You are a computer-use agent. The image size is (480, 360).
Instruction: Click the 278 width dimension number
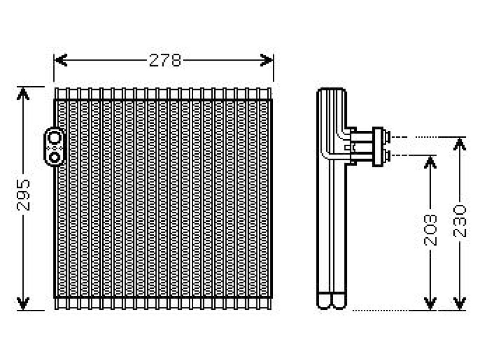tap(165, 60)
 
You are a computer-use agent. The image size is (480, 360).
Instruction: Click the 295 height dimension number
tap(23, 195)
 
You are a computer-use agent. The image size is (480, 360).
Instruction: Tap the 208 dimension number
tap(430, 230)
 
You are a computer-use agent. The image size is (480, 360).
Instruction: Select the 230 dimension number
tap(459, 221)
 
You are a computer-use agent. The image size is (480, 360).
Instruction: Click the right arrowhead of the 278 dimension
tap(266, 60)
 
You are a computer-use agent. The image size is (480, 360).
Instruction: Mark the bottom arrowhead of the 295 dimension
tap(23, 303)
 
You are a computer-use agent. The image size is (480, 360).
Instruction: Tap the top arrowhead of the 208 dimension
tap(430, 162)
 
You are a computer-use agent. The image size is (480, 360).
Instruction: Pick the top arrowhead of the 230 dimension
tap(459, 144)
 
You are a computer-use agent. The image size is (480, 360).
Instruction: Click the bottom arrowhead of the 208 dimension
tap(430, 303)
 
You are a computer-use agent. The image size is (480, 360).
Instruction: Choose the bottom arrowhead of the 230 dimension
tap(459, 303)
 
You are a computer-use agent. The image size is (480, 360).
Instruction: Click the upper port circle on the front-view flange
tap(54, 138)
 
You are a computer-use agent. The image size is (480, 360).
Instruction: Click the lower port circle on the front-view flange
tap(54, 157)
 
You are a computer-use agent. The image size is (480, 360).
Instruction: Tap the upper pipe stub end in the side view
tap(387, 137)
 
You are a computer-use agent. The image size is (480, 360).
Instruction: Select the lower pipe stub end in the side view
tap(387, 156)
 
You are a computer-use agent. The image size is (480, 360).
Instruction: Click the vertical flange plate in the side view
tap(378, 147)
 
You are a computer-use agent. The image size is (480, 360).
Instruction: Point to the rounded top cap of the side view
tap(331, 90)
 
